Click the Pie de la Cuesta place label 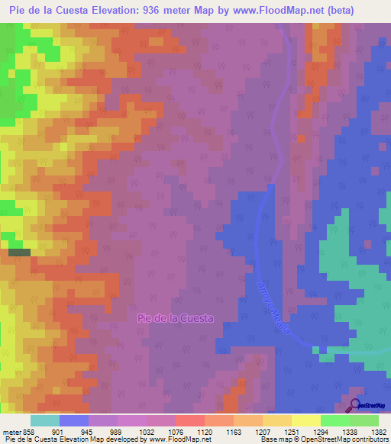(x=175, y=318)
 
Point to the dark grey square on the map (x=19, y=252)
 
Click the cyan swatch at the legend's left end (x=44, y=420)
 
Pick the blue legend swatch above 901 (x=73, y=420)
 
